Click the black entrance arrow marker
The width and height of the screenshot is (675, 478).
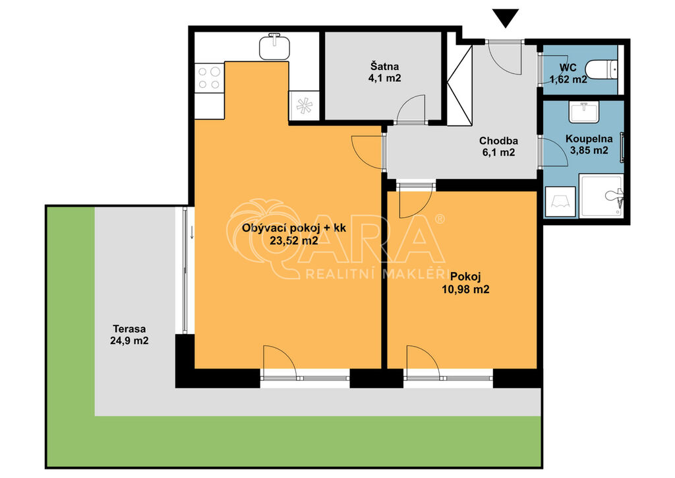point(506,18)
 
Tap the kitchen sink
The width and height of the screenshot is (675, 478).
point(274,46)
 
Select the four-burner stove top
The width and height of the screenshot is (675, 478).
point(210,78)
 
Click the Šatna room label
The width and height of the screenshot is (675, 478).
point(385,67)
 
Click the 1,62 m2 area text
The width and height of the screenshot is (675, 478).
point(568,79)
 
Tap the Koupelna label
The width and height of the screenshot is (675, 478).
point(589,139)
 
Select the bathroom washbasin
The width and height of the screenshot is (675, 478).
point(584,112)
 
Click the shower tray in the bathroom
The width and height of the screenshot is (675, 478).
point(601,195)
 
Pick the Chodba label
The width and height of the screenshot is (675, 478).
point(498,141)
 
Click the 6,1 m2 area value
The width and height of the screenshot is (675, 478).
point(498,152)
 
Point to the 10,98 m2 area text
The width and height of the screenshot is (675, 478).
point(465,290)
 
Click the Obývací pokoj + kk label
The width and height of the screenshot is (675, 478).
point(294,228)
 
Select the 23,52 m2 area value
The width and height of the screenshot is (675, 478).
point(294,240)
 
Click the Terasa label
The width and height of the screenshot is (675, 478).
point(129,328)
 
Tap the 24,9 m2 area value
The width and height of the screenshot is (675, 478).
point(129,341)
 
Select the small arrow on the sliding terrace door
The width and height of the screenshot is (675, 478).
point(192,233)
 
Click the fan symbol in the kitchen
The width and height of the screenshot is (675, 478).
point(304,106)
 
